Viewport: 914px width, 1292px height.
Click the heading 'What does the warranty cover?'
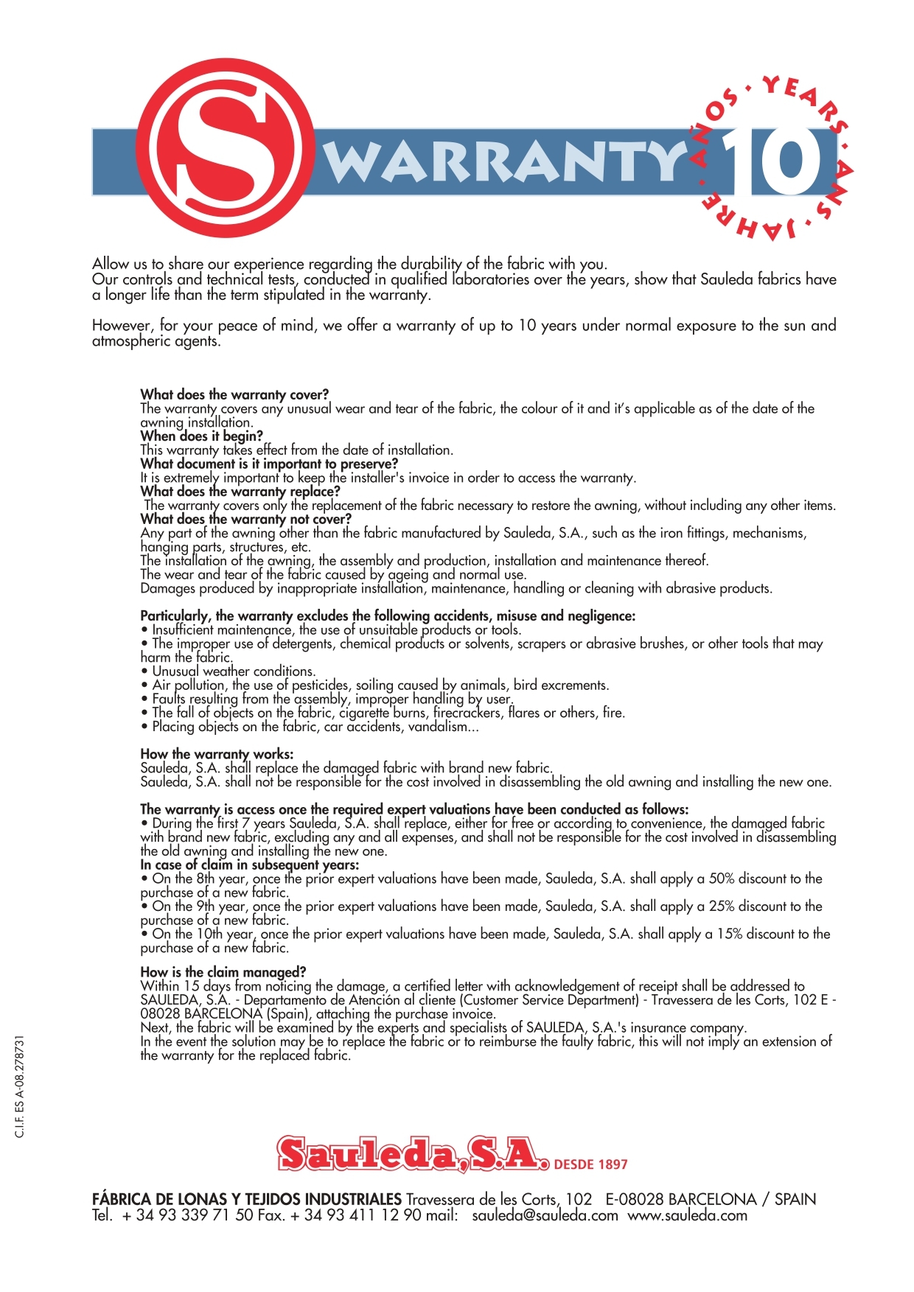click(x=234, y=394)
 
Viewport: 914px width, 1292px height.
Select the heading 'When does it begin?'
click(x=201, y=436)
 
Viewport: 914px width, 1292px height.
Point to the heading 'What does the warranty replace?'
click(x=240, y=491)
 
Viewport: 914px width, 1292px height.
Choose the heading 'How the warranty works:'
click(x=217, y=754)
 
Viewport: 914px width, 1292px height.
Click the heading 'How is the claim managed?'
click(x=223, y=972)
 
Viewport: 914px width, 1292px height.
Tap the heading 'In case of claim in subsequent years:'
click(x=250, y=865)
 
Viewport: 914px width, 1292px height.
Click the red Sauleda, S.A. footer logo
click(x=413, y=1154)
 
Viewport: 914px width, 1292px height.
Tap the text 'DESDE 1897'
click(x=590, y=1164)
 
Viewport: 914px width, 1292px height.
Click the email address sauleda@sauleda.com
click(x=545, y=1216)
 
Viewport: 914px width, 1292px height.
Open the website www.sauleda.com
click(x=687, y=1216)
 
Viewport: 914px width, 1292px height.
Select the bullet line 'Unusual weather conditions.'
click(x=233, y=671)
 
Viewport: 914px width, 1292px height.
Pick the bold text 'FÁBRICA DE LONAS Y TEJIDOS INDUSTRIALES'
click(x=247, y=1199)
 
